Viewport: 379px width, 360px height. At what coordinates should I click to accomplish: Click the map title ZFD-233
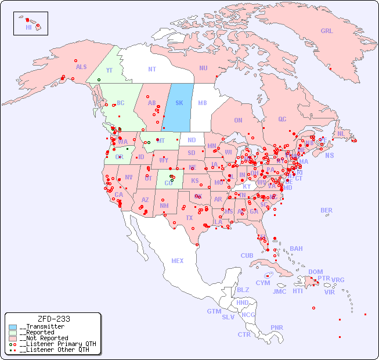(53, 319)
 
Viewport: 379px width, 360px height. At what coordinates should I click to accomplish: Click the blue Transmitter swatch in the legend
(13, 327)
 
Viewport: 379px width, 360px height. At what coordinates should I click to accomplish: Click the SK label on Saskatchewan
(179, 103)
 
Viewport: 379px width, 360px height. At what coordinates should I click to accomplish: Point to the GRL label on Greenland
(327, 31)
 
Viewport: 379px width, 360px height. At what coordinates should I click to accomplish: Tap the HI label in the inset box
(28, 27)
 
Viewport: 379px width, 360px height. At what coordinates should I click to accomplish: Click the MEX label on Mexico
(177, 261)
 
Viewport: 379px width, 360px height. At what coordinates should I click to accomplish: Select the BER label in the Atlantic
(326, 210)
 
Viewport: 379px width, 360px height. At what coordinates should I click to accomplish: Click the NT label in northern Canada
(152, 69)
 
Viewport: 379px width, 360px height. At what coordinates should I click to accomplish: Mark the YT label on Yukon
(109, 70)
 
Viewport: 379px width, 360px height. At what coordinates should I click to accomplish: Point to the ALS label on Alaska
(81, 67)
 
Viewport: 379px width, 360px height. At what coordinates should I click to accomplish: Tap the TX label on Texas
(189, 218)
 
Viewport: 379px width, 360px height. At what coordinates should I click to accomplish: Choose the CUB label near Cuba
(247, 255)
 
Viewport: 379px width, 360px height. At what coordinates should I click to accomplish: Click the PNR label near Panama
(277, 327)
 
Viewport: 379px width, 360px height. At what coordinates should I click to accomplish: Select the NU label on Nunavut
(203, 68)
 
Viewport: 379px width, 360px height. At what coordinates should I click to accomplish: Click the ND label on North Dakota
(192, 140)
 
